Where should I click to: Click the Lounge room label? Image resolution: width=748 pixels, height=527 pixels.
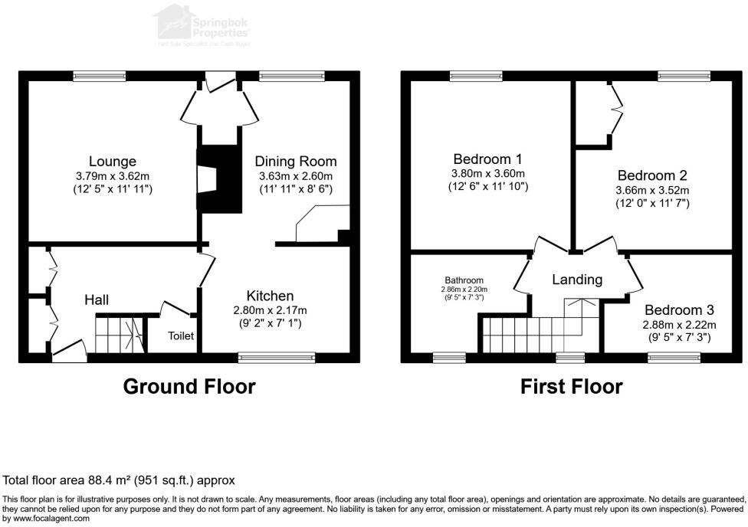[x=112, y=162]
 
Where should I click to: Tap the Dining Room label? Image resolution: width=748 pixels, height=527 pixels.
[x=296, y=162]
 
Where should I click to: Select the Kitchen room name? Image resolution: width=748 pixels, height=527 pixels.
[x=270, y=296]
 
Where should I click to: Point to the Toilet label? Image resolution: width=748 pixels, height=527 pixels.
[x=181, y=336]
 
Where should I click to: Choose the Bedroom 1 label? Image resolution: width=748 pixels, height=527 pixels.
[x=487, y=159]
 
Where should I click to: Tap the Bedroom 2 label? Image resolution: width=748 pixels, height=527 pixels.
[x=652, y=176]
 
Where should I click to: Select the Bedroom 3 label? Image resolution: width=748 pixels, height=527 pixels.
[x=679, y=310]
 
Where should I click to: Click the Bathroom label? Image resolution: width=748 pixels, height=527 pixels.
[x=463, y=280]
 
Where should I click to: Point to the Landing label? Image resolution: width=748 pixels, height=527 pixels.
[x=577, y=280]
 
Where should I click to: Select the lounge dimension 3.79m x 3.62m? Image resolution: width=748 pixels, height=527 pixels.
[x=112, y=176]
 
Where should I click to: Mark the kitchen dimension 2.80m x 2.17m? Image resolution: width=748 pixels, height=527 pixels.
[x=270, y=310]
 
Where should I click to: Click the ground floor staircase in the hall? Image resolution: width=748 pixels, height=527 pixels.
[x=120, y=335]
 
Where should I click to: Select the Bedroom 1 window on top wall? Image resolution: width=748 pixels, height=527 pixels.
[x=476, y=75]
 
